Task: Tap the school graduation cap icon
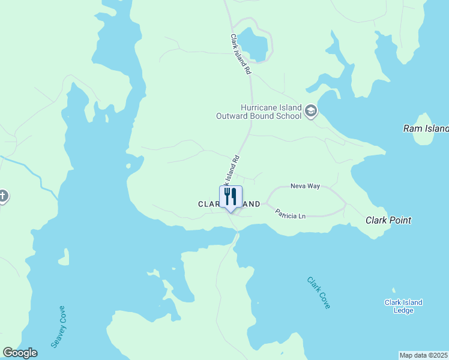(x=311, y=110)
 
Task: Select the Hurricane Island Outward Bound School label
(x=258, y=111)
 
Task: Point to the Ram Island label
(x=425, y=128)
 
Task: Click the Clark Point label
(x=388, y=220)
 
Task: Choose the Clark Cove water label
(x=318, y=292)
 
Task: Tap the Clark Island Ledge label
(x=403, y=306)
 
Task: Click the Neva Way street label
(x=305, y=186)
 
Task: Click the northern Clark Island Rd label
(x=240, y=54)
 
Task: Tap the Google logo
(x=20, y=353)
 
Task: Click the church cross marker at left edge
(x=3, y=196)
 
